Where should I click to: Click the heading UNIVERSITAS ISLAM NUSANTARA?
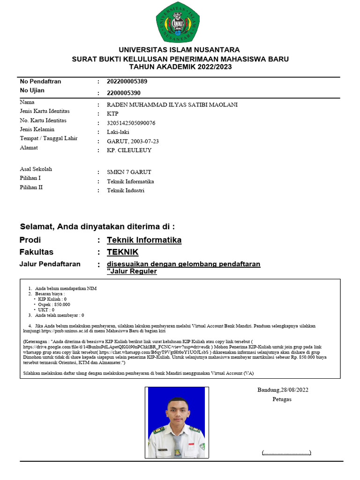[179, 50]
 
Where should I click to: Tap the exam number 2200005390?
[124, 93]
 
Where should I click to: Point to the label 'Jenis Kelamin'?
[37, 129]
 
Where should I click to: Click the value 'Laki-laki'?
[118, 132]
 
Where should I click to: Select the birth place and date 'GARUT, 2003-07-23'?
[133, 142]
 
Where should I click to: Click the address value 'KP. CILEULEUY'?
[129, 150]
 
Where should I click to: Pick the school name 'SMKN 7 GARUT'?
[129, 172]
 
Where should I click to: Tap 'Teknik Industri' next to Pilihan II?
[126, 191]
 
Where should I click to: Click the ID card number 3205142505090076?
[131, 123]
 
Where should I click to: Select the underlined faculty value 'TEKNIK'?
[122, 252]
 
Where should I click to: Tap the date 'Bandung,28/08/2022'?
[283, 390]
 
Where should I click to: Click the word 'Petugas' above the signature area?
[282, 399]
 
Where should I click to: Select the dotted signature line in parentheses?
[286, 453]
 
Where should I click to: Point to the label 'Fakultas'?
[37, 252]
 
